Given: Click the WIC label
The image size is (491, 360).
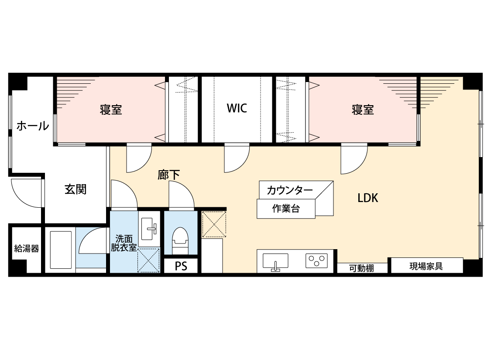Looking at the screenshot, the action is pyautogui.click(x=237, y=108).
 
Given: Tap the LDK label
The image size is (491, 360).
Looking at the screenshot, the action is pyautogui.click(x=368, y=198).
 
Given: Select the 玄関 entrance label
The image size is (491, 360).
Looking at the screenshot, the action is pyautogui.click(x=76, y=189).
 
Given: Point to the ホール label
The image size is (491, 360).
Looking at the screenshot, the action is pyautogui.click(x=33, y=126).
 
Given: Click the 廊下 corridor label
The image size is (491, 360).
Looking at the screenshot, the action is pyautogui.click(x=168, y=175).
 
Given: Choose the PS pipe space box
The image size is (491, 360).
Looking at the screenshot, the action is pyautogui.click(x=181, y=266).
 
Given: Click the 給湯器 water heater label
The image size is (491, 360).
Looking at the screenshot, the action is pyautogui.click(x=27, y=249).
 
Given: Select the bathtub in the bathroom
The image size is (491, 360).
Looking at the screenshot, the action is pyautogui.click(x=61, y=250).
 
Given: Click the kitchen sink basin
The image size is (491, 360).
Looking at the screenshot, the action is pyautogui.click(x=275, y=261).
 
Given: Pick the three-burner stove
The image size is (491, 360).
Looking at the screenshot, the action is pyautogui.click(x=316, y=261).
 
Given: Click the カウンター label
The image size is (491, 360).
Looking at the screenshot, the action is pyautogui.click(x=290, y=190).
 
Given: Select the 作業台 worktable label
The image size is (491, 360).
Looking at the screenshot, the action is pyautogui.click(x=286, y=209).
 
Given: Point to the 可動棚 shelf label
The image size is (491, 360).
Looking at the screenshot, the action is pyautogui.click(x=361, y=268).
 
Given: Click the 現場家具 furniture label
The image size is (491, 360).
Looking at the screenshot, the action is pyautogui.click(x=426, y=266).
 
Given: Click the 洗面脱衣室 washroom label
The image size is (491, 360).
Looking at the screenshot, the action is pyautogui.click(x=124, y=243).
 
